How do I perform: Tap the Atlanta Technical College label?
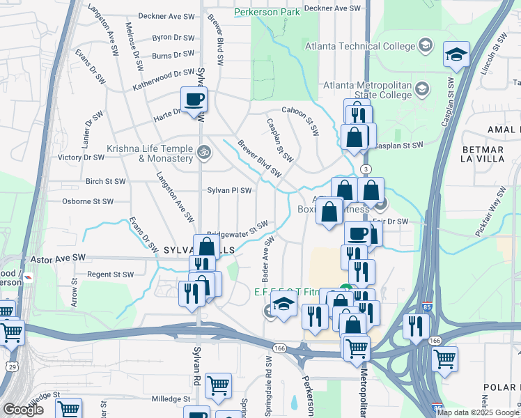[359, 47]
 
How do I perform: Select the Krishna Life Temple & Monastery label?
[150, 153]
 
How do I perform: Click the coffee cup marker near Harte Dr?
[194, 98]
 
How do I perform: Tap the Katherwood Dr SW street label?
[164, 72]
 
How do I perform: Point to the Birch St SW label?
[105, 180]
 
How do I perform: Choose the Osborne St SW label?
[88, 201]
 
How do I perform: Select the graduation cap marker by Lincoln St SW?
[456, 55]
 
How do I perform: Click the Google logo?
[22, 410]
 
